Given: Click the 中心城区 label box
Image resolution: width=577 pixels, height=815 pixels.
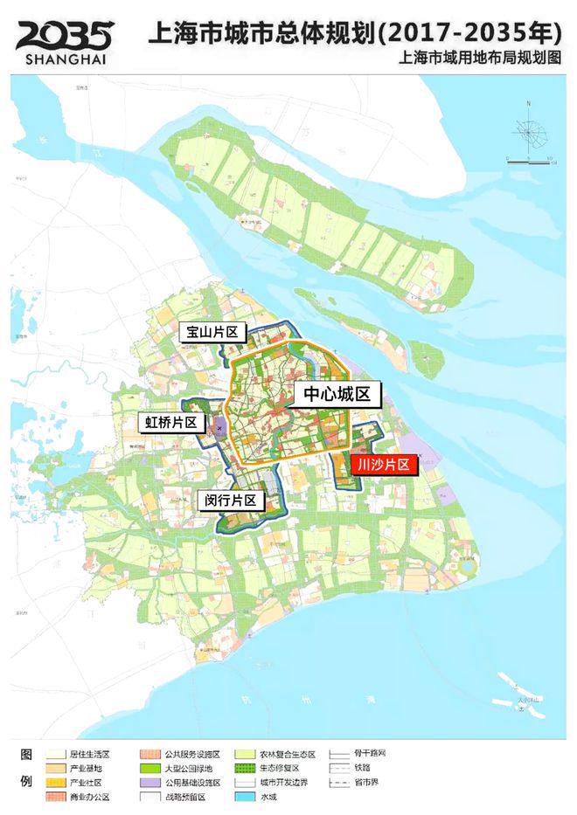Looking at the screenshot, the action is (x=337, y=394).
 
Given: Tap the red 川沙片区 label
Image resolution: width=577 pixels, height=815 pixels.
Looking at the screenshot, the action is (x=384, y=465).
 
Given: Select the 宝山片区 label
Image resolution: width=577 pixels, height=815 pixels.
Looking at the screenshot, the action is (x=214, y=333).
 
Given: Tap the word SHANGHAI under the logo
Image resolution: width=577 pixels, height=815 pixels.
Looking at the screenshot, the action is (x=64, y=59).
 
